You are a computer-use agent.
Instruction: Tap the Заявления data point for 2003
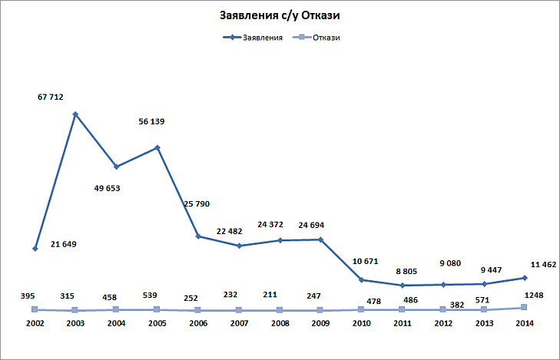click(x=75, y=114)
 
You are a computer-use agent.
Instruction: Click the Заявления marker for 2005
click(x=157, y=147)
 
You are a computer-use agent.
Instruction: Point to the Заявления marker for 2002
click(x=35, y=249)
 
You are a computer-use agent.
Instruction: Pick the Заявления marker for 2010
click(x=361, y=280)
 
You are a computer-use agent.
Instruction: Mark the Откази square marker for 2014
click(x=524, y=308)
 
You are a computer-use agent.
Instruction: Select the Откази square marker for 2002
click(x=35, y=309)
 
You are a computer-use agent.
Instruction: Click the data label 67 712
click(x=50, y=97)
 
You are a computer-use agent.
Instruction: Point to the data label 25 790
click(x=197, y=203)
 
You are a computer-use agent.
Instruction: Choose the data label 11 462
click(x=543, y=264)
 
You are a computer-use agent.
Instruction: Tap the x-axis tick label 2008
click(x=280, y=324)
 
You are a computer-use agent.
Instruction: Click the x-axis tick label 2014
click(x=524, y=324)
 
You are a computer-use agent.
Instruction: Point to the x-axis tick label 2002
click(x=35, y=324)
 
